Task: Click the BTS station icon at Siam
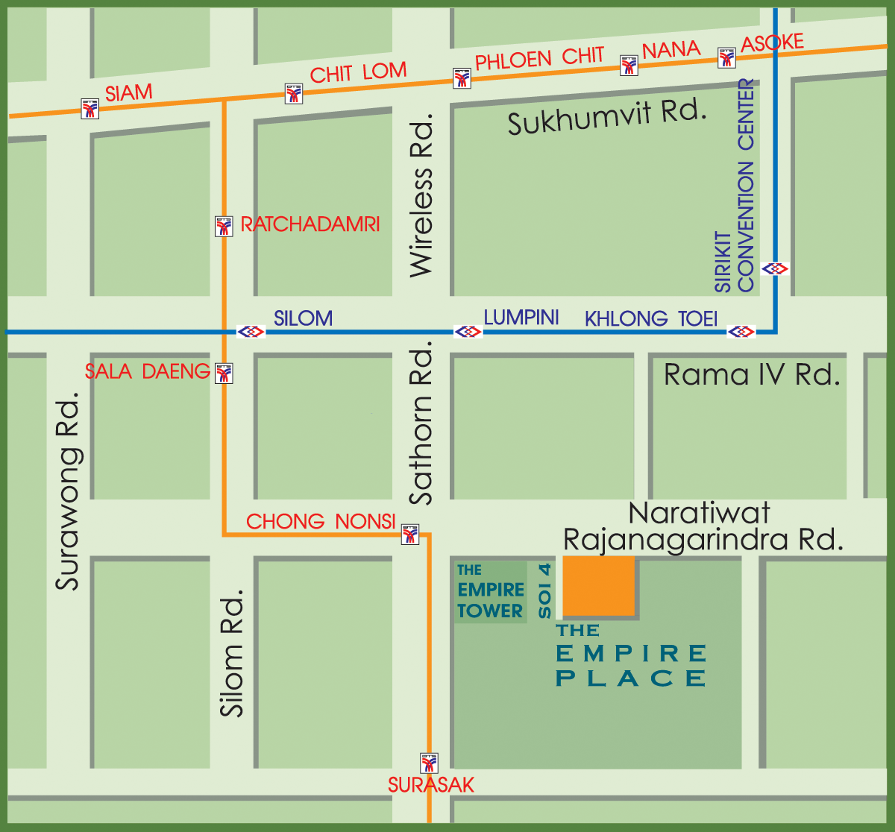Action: pos(90,109)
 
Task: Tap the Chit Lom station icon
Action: pos(294,93)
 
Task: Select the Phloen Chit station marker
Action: pos(462,78)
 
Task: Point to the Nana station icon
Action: pos(629,65)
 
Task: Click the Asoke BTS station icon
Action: pos(727,57)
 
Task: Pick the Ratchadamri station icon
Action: pos(224,226)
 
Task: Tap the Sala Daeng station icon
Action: pos(224,373)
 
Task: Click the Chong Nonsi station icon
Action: pos(410,534)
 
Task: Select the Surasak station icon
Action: pos(430,763)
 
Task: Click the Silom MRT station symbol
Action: pos(251,331)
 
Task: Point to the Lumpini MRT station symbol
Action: pos(468,331)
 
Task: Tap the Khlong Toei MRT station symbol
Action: pos(741,331)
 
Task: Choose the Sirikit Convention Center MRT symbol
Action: pos(776,268)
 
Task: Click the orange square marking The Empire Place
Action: pos(599,586)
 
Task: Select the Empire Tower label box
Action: pos(490,592)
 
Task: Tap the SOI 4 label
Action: pos(545,591)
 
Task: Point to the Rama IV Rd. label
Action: pos(752,374)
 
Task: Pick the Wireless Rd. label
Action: pos(421,195)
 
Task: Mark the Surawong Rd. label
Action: pos(68,495)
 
